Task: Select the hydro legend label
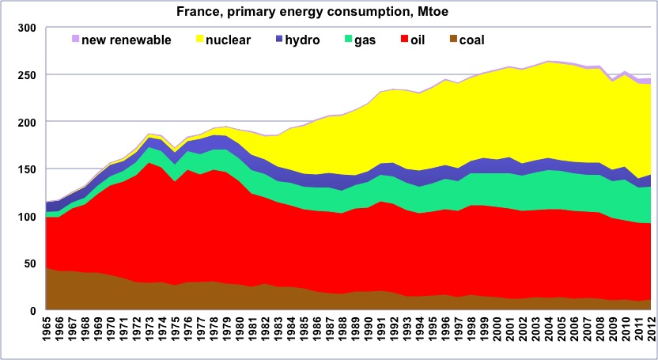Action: pyautogui.click(x=302, y=40)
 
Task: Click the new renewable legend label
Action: pyautogui.click(x=127, y=40)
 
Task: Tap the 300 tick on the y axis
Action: pyautogui.click(x=26, y=28)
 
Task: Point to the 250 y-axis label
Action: pyautogui.click(x=26, y=75)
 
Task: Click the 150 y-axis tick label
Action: pyautogui.click(x=26, y=169)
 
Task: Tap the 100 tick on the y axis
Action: pyautogui.click(x=26, y=217)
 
